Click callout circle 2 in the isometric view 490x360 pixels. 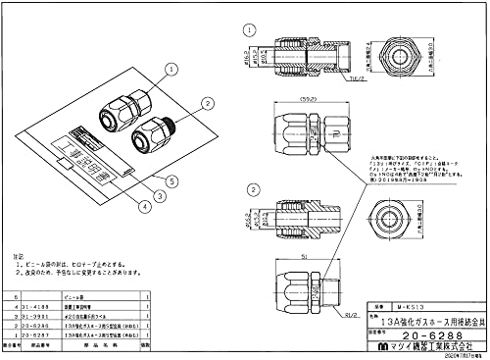point(207,102)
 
